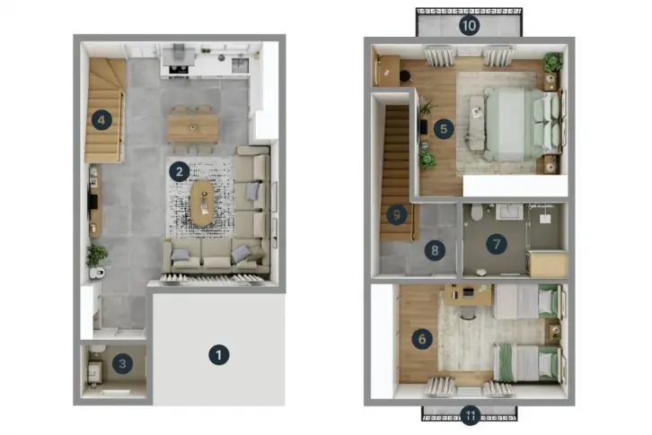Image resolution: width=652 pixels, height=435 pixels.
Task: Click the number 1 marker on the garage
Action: [219, 355]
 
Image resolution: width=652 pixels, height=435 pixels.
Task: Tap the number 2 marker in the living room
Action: [180, 171]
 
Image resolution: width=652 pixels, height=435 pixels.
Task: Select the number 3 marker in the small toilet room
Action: [122, 363]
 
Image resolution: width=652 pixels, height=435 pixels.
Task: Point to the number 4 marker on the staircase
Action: [101, 120]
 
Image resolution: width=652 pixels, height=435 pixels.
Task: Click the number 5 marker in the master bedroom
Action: [444, 129]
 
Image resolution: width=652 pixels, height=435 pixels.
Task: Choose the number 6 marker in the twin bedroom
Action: [421, 339]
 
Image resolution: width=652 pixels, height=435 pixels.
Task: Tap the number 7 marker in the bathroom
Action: [497, 244]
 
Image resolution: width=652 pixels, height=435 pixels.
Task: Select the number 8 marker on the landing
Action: [435, 250]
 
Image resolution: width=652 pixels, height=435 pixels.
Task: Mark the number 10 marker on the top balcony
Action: [469, 25]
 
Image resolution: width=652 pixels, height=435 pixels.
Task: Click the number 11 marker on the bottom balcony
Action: [471, 414]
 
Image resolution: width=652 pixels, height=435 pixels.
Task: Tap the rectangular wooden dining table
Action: [193, 128]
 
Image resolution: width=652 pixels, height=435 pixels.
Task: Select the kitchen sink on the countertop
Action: [241, 65]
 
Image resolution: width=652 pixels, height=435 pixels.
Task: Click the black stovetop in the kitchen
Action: [179, 70]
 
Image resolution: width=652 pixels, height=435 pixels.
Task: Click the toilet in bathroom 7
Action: [477, 212]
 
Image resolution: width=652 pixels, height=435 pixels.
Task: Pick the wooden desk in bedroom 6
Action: [468, 294]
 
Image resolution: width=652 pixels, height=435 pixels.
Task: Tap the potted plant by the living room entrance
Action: [96, 256]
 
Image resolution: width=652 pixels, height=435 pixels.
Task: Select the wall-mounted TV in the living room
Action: [93, 203]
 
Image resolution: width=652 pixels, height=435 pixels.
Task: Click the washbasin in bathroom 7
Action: [509, 211]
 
